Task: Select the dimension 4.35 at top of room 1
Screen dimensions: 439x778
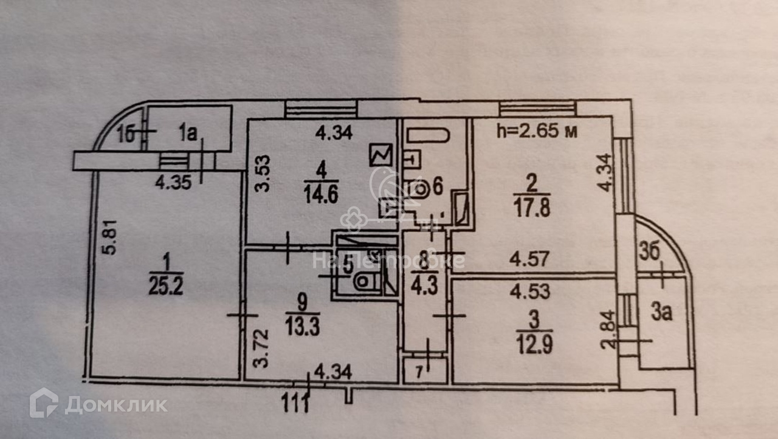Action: click(171, 182)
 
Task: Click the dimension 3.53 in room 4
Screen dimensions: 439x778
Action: click(261, 172)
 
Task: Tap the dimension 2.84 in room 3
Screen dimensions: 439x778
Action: click(608, 328)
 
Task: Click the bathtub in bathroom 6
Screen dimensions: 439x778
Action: click(427, 134)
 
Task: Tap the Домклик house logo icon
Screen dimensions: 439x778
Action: click(44, 403)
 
